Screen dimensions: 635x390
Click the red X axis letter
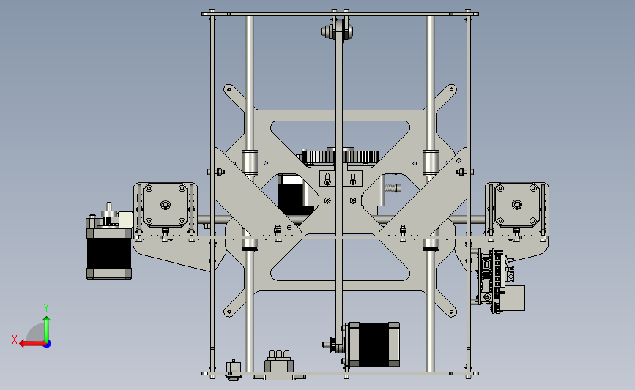tap(15, 340)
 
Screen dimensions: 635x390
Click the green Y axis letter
tap(46, 308)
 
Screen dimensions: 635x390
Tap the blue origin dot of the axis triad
tap(47, 345)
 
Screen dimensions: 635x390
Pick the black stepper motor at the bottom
tap(372, 345)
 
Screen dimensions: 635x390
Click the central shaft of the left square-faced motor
tap(165, 205)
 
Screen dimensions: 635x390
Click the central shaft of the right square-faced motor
tap(516, 205)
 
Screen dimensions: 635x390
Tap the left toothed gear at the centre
tap(319, 156)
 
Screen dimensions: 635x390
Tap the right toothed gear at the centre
tap(361, 156)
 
